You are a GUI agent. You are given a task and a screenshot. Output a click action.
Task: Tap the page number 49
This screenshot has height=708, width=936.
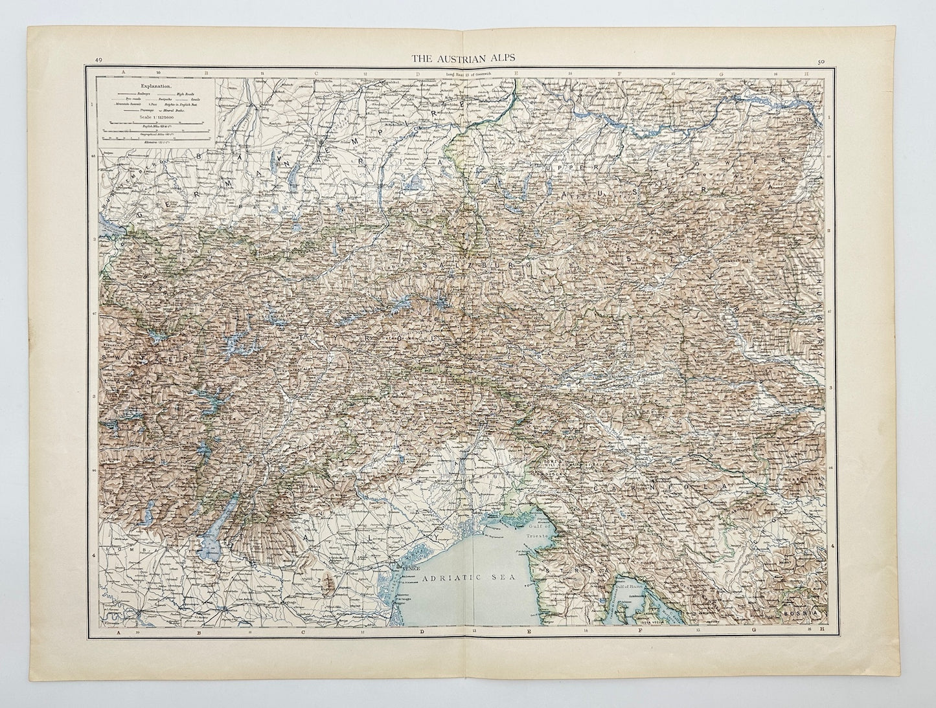click(98, 61)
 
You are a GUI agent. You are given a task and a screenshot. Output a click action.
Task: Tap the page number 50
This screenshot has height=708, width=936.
click(821, 62)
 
